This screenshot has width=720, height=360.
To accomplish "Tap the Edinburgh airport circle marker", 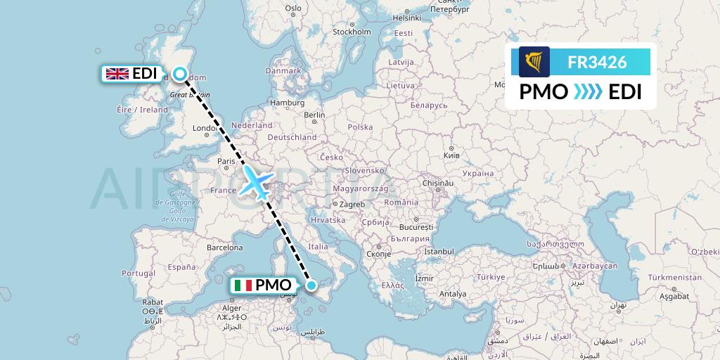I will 181,73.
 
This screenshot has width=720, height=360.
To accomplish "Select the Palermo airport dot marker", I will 311,285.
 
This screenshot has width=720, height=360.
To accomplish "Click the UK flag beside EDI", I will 116,74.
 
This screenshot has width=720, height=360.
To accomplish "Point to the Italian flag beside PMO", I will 244,285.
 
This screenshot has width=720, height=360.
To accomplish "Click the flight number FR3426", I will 597,62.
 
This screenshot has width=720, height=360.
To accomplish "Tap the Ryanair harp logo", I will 534,62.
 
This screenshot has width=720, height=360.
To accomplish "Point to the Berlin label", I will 314,115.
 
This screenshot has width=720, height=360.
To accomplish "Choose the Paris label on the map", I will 226,161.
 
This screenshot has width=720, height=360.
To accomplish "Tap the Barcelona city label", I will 224,247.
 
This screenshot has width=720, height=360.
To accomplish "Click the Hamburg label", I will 286,103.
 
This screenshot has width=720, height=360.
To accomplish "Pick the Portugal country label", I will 138,273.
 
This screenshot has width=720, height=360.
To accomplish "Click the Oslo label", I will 293,8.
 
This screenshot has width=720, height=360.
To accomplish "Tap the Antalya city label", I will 452,293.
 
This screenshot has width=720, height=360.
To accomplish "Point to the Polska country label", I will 360,127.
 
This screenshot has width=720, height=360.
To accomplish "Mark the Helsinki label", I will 406,18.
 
